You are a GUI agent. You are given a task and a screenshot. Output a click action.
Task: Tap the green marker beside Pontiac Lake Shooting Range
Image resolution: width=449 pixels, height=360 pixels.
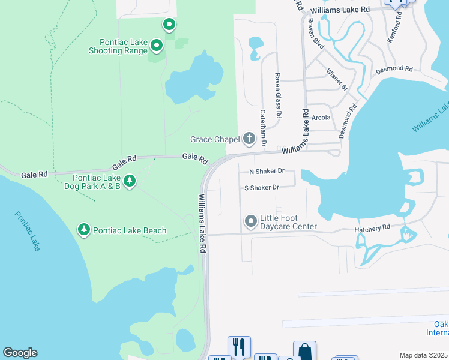[157, 45]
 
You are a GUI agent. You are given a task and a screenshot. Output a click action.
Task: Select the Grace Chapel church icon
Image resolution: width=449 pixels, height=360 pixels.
[249, 139]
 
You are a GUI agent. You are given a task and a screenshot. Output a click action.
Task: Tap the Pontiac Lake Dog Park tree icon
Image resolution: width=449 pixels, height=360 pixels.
[130, 180]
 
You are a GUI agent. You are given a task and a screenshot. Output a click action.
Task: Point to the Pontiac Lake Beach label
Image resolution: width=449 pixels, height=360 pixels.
[130, 230]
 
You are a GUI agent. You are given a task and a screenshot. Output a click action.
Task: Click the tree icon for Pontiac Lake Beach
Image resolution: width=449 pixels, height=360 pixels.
[84, 230]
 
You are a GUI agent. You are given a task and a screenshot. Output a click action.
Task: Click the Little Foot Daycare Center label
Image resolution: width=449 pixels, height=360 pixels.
[288, 223]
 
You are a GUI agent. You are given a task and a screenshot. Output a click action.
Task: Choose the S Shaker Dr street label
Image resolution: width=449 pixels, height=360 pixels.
[261, 188]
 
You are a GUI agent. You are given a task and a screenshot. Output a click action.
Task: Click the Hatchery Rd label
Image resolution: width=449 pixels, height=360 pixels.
[372, 228]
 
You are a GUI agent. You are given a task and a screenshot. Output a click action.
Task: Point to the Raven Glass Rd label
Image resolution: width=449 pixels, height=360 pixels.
[278, 95]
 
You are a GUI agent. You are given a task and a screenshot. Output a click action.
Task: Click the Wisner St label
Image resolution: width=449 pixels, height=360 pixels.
[337, 79]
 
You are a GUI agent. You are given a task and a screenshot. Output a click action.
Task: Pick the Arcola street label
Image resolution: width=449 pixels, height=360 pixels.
[321, 118]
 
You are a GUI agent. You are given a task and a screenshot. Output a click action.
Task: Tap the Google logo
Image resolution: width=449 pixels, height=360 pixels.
[20, 353]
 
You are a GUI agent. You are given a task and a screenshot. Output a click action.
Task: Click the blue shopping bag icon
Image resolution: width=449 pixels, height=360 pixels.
[304, 352]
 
